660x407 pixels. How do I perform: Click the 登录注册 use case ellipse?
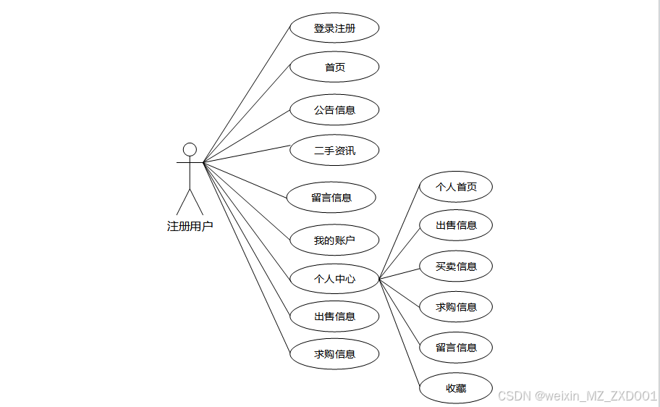(x=334, y=29)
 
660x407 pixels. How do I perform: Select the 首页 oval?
(x=334, y=67)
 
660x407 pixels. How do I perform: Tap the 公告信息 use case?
(x=334, y=110)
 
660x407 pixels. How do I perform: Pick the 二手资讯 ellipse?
(x=334, y=151)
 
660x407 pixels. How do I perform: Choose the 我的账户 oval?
(x=334, y=240)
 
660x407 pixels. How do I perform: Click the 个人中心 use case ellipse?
(x=334, y=279)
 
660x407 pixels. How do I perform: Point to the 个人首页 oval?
(x=456, y=187)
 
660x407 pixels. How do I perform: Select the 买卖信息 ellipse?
(x=456, y=267)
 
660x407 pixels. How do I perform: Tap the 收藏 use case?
(x=456, y=388)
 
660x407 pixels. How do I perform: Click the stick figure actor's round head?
(x=190, y=149)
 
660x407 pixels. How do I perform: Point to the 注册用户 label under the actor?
(x=190, y=226)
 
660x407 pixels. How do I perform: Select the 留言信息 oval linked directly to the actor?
(x=331, y=198)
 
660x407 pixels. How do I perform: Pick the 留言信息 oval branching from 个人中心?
(x=456, y=348)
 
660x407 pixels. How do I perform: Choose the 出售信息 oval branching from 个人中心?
(x=456, y=225)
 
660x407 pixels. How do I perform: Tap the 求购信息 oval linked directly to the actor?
(x=334, y=354)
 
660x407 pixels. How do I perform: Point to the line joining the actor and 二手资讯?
(x=246, y=154)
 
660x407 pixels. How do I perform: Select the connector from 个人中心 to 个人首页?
(x=399, y=232)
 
